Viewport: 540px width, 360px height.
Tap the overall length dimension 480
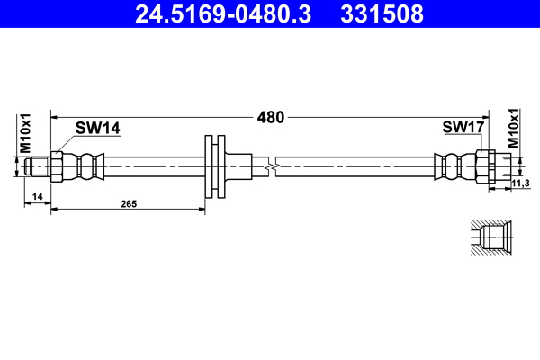271,117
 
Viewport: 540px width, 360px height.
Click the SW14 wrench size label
97,129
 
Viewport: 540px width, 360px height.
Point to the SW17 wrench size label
463,129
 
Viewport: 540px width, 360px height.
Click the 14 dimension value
37,195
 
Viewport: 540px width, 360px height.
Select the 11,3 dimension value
520,184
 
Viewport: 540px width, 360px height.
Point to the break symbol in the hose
272,166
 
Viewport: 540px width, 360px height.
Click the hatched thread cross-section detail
491,238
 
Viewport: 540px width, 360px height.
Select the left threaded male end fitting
37,166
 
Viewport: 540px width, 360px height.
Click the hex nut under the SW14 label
58,166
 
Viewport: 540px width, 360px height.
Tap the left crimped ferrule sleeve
86,166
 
